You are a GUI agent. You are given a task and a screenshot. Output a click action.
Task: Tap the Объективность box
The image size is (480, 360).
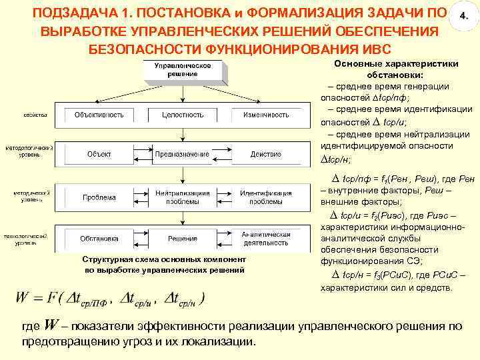pos(99,115)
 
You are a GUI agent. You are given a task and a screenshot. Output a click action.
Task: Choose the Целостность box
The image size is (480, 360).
pos(182,115)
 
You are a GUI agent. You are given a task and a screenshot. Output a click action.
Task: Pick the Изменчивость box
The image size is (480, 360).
pos(265,115)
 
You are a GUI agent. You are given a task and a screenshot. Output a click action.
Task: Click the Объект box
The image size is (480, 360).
pos(99,155)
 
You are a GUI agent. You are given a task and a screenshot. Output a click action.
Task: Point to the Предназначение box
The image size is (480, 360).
pos(182,155)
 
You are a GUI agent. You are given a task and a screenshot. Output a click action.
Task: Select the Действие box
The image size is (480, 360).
pos(265,155)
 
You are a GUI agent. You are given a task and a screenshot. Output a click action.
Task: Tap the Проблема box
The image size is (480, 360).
pos(99,197)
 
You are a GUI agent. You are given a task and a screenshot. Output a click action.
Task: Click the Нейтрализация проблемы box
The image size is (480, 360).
pos(182,197)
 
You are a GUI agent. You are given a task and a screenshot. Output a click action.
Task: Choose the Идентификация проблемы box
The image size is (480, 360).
pos(265,197)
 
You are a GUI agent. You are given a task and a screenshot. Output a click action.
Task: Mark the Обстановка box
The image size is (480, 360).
pos(99,239)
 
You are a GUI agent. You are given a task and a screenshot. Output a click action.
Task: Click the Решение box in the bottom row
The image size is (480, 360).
pos(182,239)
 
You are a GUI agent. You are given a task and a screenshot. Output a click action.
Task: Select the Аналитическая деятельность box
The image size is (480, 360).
pos(265,239)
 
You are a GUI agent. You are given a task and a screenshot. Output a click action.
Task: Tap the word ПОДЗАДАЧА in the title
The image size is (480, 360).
pos(73,14)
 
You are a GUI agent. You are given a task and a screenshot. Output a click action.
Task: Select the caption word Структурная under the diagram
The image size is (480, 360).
pos(104,259)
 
